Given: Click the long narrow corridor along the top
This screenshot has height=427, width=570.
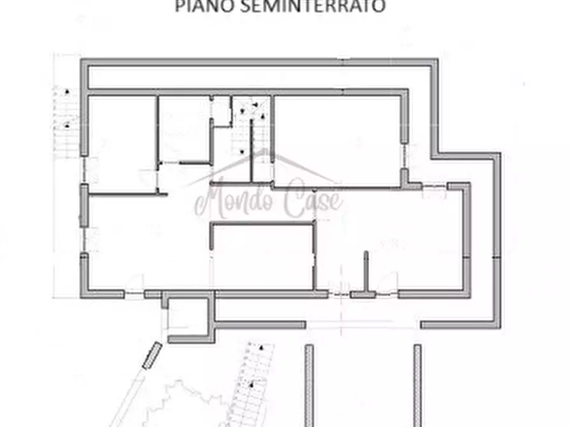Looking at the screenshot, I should (x=255, y=77).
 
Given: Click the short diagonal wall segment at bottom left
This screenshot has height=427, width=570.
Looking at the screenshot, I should (x=152, y=355).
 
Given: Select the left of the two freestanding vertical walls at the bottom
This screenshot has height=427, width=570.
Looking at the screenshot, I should (x=309, y=385).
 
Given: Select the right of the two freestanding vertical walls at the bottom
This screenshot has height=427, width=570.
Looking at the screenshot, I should (x=417, y=385).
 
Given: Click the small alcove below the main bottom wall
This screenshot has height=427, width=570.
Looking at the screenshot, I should (x=188, y=316).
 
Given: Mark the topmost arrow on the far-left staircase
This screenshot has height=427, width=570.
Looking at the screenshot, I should (x=66, y=91).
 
